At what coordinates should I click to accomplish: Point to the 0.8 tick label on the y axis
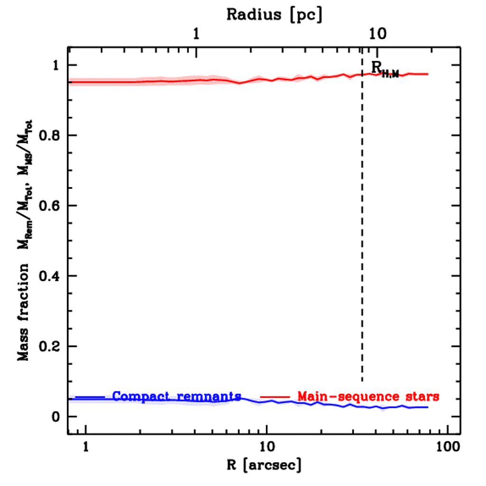tap(49, 136)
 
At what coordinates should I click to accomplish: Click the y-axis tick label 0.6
tap(49, 206)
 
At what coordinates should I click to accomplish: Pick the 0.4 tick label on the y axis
tap(49, 276)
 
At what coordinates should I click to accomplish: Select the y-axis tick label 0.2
tap(49, 346)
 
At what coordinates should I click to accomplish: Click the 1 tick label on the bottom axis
tap(86, 447)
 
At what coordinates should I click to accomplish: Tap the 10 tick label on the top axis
tap(378, 34)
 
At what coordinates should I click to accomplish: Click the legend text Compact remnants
tap(177, 396)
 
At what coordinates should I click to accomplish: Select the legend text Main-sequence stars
tap(368, 396)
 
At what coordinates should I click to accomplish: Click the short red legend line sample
tap(275, 396)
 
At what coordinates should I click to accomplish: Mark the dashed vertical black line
tap(362, 237)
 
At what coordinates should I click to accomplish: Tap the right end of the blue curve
tap(428, 407)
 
